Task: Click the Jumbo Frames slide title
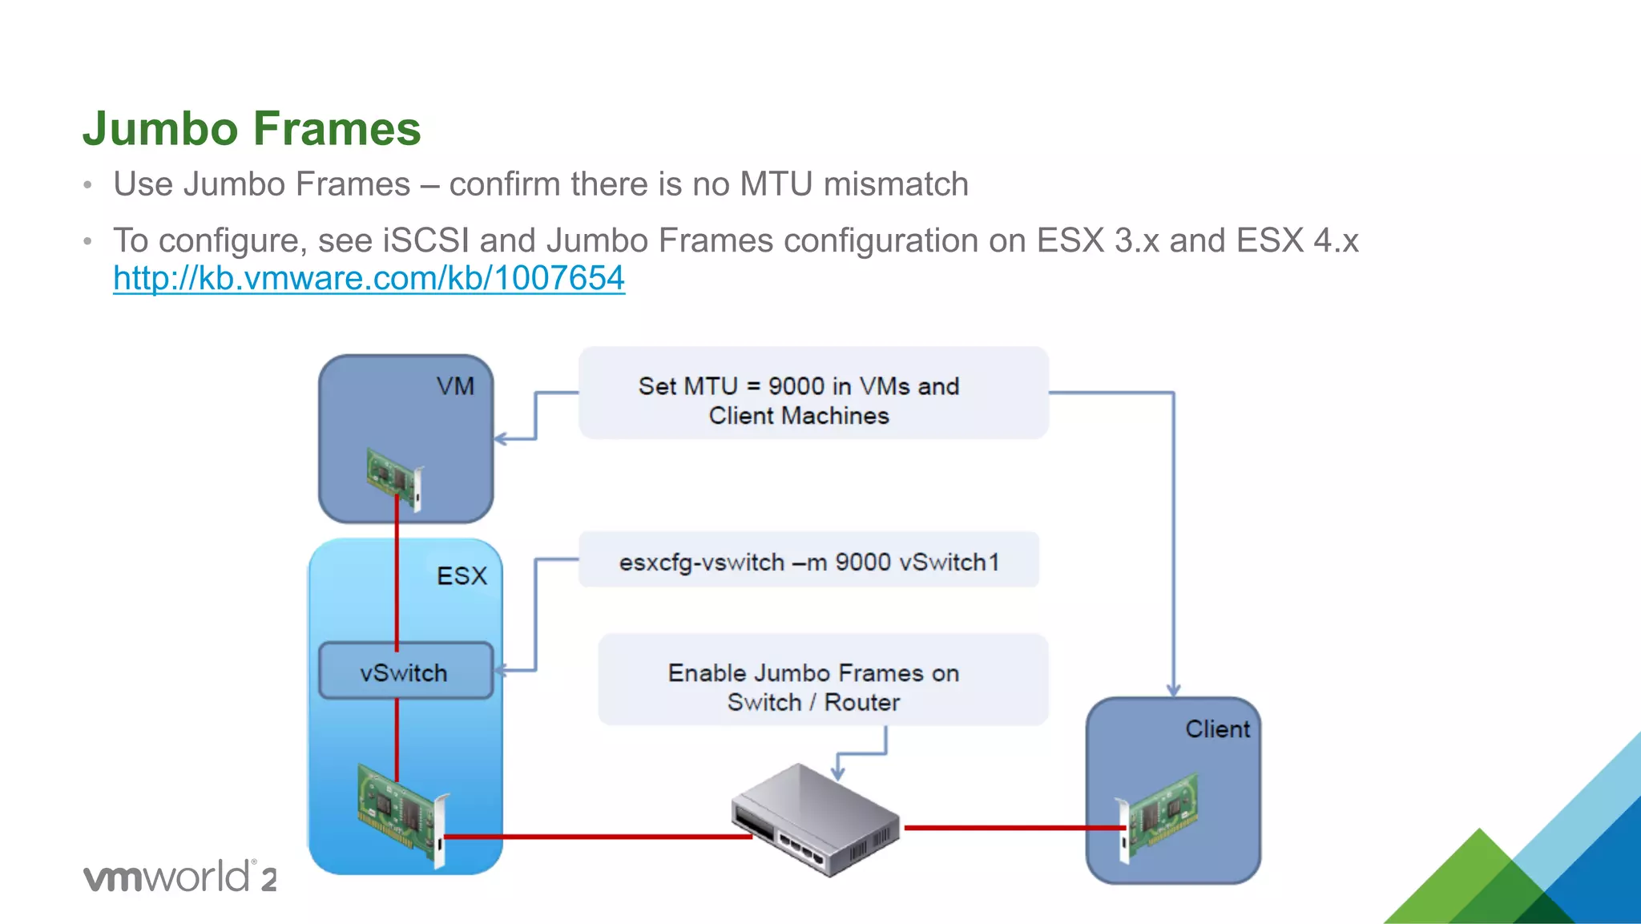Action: (x=252, y=128)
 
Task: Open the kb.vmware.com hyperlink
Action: (x=369, y=278)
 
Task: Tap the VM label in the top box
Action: (x=455, y=386)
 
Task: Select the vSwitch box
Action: (x=405, y=672)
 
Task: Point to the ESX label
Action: (x=462, y=575)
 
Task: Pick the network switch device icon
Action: (x=815, y=819)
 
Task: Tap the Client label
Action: (x=1216, y=729)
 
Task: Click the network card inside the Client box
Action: (x=1159, y=816)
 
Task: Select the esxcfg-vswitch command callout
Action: (x=808, y=561)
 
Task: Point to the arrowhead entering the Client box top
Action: (x=1173, y=690)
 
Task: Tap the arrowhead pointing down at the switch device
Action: (x=838, y=773)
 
